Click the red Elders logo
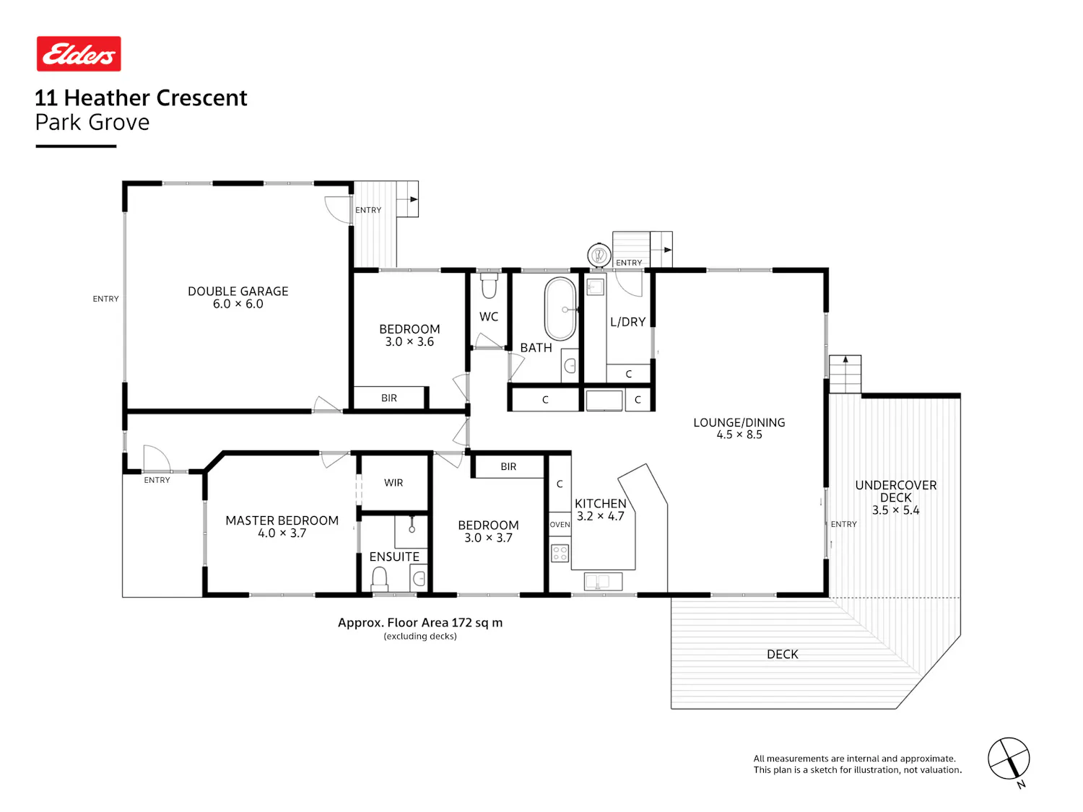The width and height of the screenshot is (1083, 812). [79, 53]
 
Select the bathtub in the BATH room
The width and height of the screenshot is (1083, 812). [560, 309]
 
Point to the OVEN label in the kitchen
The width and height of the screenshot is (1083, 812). [560, 525]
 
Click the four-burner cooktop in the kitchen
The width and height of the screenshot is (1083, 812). [560, 553]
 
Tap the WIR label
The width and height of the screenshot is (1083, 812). [393, 483]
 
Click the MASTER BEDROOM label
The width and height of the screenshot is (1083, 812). [282, 520]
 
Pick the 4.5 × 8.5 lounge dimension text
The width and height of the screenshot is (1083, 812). [739, 435]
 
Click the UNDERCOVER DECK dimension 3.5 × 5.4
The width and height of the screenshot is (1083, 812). [895, 510]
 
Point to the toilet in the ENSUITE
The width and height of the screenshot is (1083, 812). [379, 579]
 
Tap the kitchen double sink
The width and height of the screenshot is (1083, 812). [602, 582]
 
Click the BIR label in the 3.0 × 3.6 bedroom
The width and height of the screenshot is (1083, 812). [388, 398]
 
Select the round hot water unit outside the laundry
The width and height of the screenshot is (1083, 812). [599, 255]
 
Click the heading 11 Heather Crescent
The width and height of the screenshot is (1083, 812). [141, 97]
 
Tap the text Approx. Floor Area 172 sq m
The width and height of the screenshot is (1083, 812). [420, 623]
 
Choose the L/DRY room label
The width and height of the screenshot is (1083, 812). [627, 322]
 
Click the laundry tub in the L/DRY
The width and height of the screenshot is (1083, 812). [595, 287]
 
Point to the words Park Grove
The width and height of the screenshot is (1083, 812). [92, 122]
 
